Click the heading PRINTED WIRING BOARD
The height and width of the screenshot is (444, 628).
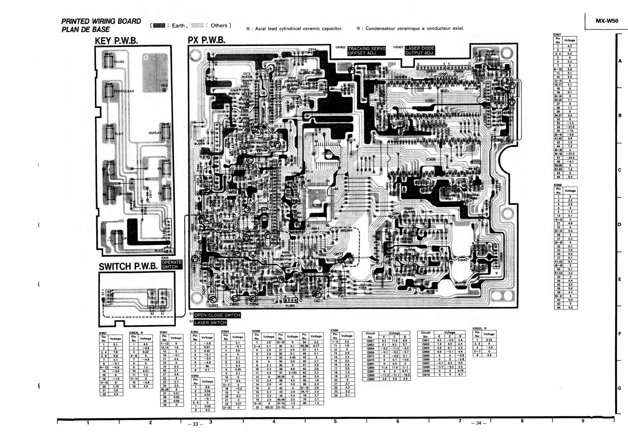101,21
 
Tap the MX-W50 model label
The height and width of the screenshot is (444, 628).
607,21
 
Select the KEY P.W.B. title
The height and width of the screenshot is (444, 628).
116,41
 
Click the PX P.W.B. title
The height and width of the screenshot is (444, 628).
207,40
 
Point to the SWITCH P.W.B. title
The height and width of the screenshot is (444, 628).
128,266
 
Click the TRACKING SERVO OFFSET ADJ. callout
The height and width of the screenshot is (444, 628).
367,51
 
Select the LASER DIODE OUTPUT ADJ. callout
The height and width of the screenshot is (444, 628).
420,51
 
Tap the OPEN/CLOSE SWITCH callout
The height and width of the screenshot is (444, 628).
217,315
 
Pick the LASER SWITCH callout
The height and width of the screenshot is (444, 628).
210,323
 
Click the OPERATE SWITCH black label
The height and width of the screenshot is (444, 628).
172,264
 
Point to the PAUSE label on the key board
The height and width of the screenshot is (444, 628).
119,62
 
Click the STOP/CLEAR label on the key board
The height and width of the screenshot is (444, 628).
124,91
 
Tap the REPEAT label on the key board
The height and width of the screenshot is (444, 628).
155,133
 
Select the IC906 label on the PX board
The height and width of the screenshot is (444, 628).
327,154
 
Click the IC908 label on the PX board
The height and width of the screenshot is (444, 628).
430,160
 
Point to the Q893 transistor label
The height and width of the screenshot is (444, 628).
213,305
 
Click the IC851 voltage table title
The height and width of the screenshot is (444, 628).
103,333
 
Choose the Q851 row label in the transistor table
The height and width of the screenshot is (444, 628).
370,341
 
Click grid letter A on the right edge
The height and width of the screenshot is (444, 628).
620,61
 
